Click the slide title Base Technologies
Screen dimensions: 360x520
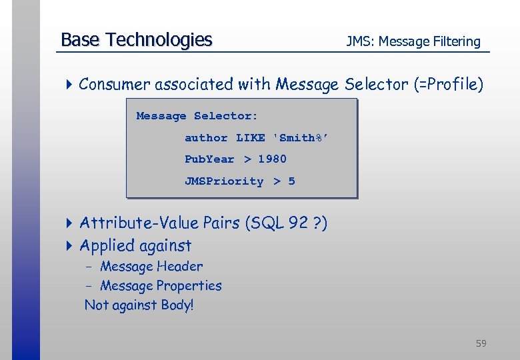[x=136, y=40]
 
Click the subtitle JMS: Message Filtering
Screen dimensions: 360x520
[x=413, y=41]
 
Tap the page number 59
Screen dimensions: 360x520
[x=481, y=343]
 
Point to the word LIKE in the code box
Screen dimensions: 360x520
[x=250, y=138]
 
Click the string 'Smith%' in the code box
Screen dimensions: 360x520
[x=301, y=138]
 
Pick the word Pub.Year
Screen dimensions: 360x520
[x=209, y=159]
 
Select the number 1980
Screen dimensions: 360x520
[x=272, y=159]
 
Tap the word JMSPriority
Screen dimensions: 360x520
[x=224, y=181]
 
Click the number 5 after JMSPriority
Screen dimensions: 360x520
[x=291, y=181]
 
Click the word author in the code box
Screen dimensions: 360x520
[x=206, y=138]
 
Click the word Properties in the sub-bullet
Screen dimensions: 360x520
[x=189, y=286]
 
